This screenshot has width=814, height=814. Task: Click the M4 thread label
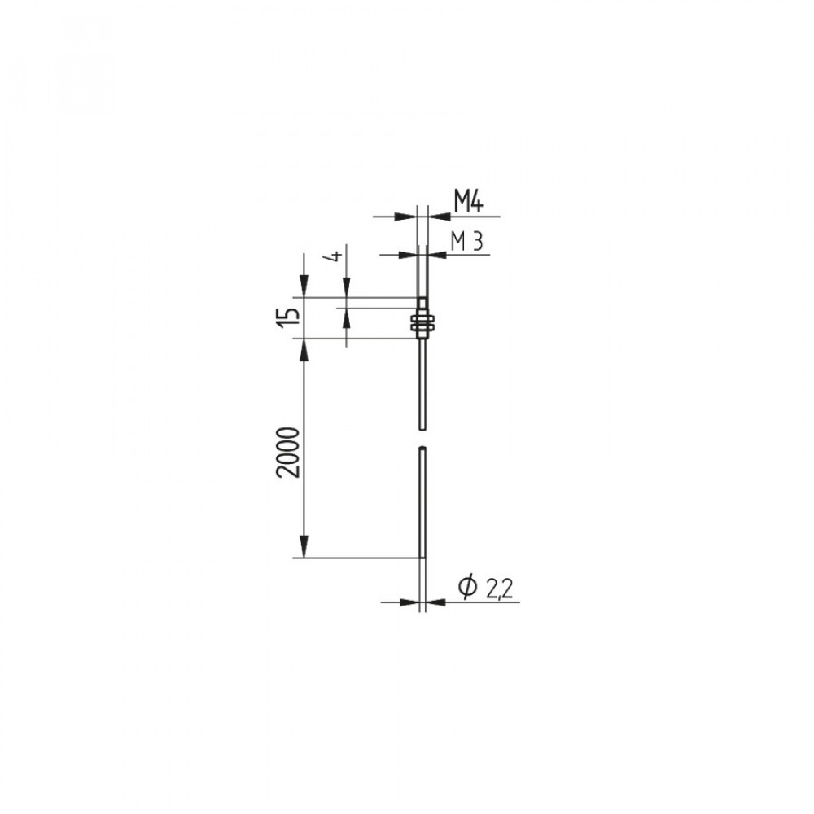pos(468,201)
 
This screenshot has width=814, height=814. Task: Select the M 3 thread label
pos(466,242)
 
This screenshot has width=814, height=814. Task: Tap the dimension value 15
pos(289,317)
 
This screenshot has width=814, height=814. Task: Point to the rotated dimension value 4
pos(336,256)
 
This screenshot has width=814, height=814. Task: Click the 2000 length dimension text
pos(289,452)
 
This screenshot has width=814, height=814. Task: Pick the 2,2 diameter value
pos(500,589)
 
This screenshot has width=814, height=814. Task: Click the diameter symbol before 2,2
pos(468,587)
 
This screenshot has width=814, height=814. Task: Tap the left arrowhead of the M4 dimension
pos(406,216)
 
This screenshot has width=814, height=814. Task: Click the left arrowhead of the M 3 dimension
pos(408,254)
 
